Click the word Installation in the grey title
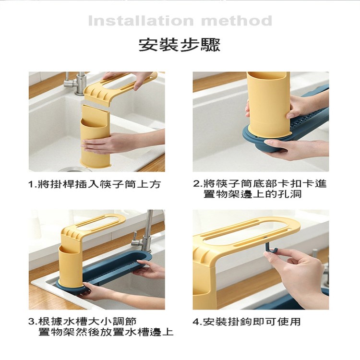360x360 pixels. point(141,21)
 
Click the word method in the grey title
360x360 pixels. point(237,21)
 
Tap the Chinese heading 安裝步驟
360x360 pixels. point(180,45)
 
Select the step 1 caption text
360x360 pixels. point(95,184)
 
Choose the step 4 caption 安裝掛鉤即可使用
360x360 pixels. point(247,322)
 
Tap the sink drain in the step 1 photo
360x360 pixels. point(75,169)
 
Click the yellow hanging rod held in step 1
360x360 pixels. point(120,88)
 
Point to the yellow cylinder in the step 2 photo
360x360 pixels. point(268,103)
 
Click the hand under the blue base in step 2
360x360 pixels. point(296,150)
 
